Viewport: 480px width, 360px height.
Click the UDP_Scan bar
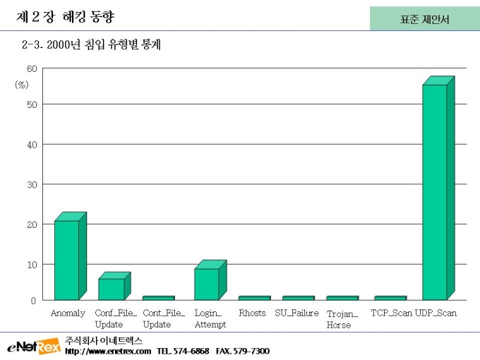pos(435,192)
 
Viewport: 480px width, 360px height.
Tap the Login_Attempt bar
pos(206,284)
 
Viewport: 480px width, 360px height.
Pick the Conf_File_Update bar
pos(111,289)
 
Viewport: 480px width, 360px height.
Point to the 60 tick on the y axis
pos(32,69)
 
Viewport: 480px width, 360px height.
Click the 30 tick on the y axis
pos(32,184)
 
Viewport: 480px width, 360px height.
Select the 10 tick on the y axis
pos(32,264)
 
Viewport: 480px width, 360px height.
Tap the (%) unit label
pos(22,84)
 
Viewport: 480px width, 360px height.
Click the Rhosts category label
pos(252,313)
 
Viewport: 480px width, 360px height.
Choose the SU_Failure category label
pos(296,313)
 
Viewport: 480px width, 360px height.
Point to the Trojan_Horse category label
pos(342,319)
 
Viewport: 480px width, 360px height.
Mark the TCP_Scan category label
pos(391,313)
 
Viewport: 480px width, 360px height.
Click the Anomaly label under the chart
pos(68,313)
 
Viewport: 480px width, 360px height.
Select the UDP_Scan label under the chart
pos(436,313)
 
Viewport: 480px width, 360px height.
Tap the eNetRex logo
pos(33,347)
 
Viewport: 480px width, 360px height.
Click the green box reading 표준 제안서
pos(424,19)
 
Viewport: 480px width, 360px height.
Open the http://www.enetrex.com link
pos(107,351)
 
